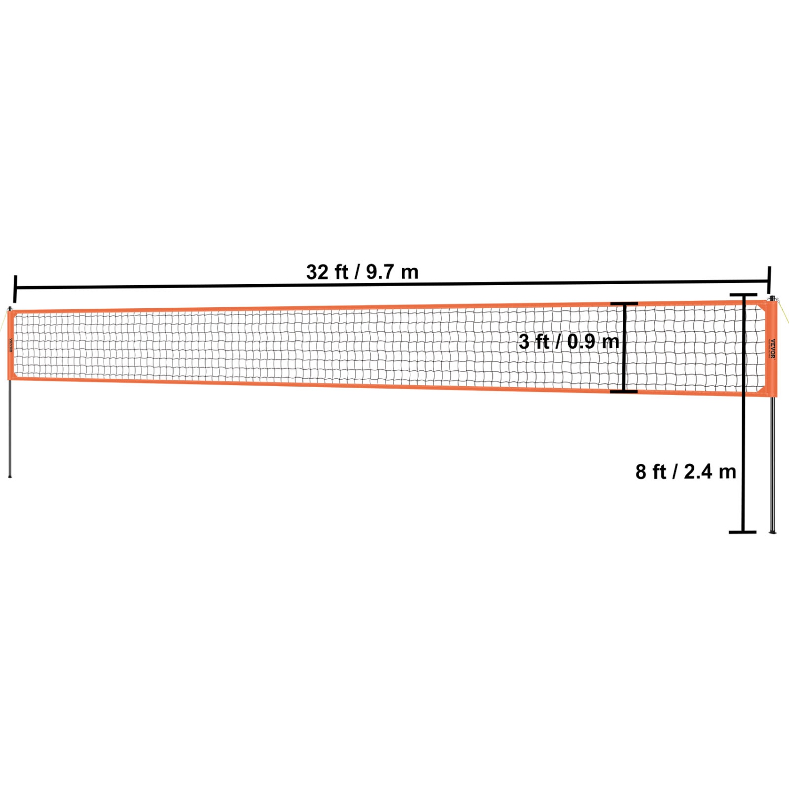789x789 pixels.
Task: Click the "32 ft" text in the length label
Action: click(327, 272)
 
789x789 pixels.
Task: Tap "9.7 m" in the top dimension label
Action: click(392, 272)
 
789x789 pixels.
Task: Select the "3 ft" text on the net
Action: click(533, 341)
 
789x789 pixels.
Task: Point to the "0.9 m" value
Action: click(593, 341)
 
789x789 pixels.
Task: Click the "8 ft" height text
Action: click(651, 472)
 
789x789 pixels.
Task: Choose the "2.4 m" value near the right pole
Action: click(710, 472)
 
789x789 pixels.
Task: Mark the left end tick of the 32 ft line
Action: click(15, 289)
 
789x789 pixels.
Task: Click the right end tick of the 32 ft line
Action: click(770, 276)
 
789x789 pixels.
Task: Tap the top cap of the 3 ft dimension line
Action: click(624, 304)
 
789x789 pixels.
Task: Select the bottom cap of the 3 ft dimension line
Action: click(624, 391)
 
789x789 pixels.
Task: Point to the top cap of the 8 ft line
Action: click(743, 295)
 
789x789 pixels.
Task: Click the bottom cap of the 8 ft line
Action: click(743, 532)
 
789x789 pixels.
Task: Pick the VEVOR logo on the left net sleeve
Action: click(10, 346)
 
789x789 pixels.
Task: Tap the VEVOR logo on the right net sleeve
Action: click(772, 348)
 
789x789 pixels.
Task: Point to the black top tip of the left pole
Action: click(10, 307)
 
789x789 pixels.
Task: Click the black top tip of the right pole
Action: click(772, 298)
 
